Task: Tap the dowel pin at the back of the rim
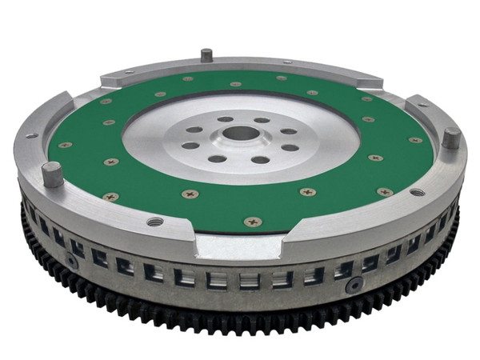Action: coord(206,56)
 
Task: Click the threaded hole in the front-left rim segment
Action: coord(154,221)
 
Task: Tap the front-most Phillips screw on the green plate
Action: coord(253,222)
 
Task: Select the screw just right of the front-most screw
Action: coord(307,192)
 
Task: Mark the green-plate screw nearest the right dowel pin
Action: coord(415,141)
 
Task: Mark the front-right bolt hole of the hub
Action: coord(260,159)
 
